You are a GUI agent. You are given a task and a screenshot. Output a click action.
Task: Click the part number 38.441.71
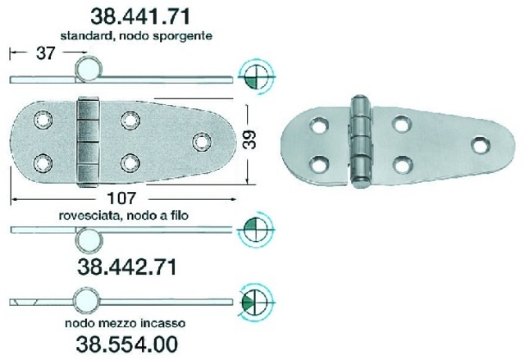coord(140,16)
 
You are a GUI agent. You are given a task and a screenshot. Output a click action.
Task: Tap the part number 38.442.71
coord(127,267)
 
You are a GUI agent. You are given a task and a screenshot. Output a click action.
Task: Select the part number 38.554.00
coord(127,344)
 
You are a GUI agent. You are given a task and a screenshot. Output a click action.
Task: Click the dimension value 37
coord(46,52)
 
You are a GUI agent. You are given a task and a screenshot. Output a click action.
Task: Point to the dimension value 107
coord(122,198)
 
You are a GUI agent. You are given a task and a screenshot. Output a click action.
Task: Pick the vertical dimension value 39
coord(249,139)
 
